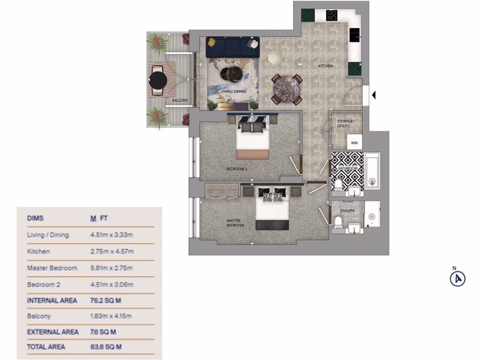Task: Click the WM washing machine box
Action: [354, 143]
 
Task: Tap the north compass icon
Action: [457, 279]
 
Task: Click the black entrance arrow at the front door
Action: [374, 95]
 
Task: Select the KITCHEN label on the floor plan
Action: [325, 66]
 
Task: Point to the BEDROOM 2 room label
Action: [237, 169]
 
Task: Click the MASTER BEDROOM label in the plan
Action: [235, 223]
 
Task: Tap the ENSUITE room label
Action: [347, 211]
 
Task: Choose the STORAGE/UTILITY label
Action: [346, 124]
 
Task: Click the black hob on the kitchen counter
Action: [332, 15]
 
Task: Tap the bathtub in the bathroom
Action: [372, 171]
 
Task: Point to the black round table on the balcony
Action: [157, 81]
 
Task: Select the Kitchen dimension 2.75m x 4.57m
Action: [112, 252]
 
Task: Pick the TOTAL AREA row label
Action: [46, 347]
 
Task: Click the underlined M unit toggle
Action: [93, 218]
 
